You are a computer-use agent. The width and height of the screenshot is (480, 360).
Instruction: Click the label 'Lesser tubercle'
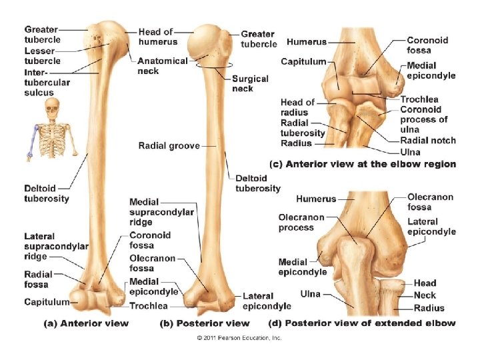click(x=43, y=55)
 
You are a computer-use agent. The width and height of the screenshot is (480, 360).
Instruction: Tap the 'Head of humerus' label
click(x=155, y=37)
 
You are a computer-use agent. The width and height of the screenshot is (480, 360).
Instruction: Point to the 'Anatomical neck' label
click(x=162, y=65)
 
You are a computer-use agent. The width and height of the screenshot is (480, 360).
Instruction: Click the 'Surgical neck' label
click(x=250, y=83)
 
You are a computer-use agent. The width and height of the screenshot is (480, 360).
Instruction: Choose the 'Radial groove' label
click(x=169, y=145)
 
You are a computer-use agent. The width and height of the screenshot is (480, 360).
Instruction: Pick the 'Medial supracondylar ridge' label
click(x=161, y=212)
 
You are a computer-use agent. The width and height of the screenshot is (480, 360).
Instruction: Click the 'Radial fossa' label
click(x=38, y=279)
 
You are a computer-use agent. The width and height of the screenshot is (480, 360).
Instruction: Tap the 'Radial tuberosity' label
click(x=303, y=128)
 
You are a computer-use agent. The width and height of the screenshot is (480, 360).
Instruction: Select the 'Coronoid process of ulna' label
click(x=423, y=119)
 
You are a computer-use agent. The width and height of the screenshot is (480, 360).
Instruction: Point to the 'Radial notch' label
click(x=428, y=140)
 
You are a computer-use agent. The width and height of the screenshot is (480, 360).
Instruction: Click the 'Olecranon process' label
click(x=301, y=222)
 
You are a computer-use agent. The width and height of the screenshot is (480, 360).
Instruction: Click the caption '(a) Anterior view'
click(x=86, y=324)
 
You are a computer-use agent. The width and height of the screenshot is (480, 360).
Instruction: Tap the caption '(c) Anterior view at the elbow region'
click(x=362, y=164)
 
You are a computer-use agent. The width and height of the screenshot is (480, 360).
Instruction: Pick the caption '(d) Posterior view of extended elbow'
click(x=362, y=324)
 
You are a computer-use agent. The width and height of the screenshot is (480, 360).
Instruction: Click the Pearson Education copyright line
click(x=239, y=338)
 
